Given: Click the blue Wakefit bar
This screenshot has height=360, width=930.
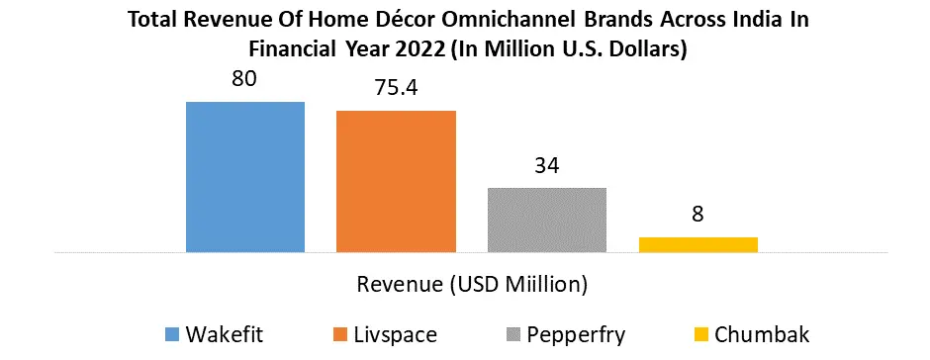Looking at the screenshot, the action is coord(245,177).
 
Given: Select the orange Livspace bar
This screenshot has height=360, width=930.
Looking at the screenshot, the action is coord(396,181).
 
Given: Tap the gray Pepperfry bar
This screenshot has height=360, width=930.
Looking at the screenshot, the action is coord(547,220).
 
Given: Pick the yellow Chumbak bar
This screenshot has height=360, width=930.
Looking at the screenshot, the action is coord(698,245).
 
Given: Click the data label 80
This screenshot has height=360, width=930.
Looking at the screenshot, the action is coord(243,79).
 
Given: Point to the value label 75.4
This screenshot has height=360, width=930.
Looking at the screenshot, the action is coord(396,88).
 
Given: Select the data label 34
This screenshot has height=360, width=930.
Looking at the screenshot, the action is coord(546,165).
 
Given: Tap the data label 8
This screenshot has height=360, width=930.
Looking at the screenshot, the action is coord(697,215).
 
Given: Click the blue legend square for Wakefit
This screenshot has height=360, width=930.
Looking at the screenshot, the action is coord(171,335).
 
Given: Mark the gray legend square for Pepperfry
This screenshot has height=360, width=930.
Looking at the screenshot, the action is coord(512,335).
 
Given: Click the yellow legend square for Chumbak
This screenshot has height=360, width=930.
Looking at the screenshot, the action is coord(700,335).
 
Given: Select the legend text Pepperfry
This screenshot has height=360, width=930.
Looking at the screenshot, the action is coord(576,335).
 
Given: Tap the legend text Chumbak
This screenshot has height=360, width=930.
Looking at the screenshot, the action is coord(762,335).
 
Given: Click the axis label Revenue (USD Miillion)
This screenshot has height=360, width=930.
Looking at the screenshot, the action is coord(472,285).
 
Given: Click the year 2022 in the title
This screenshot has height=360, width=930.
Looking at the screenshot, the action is coord(420,48).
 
